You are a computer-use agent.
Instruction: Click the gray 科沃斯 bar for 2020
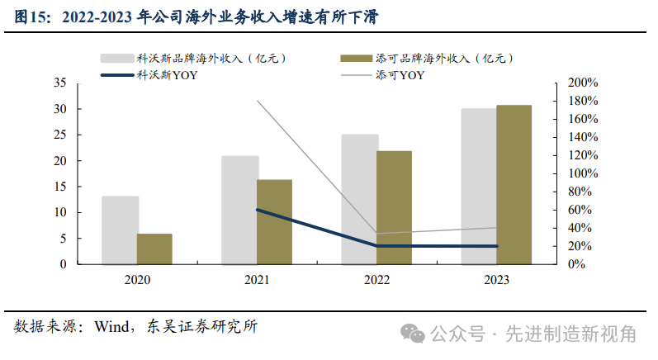[120, 230]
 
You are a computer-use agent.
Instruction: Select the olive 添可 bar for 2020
[154, 249]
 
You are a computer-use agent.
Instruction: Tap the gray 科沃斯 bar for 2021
[239, 211]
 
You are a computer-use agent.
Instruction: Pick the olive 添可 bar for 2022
[394, 208]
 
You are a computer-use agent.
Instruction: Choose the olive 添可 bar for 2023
[514, 185]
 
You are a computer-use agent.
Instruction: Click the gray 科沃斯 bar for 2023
[479, 187]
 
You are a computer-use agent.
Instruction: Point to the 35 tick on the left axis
[59, 83]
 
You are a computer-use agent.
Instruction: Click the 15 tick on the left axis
[59, 187]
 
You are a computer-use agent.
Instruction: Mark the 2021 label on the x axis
[257, 280]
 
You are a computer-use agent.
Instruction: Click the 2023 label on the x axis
[496, 280]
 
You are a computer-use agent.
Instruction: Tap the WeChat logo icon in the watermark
[413, 334]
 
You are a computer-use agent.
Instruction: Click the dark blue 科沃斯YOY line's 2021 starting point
[257, 210]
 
